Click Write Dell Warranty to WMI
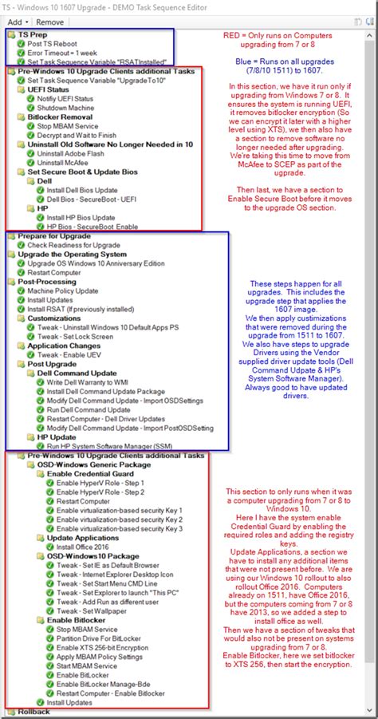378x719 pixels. pos(96,381)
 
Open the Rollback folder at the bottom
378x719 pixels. pos(34,712)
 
